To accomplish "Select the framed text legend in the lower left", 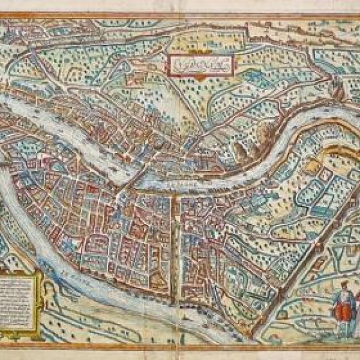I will coord(19,298).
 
